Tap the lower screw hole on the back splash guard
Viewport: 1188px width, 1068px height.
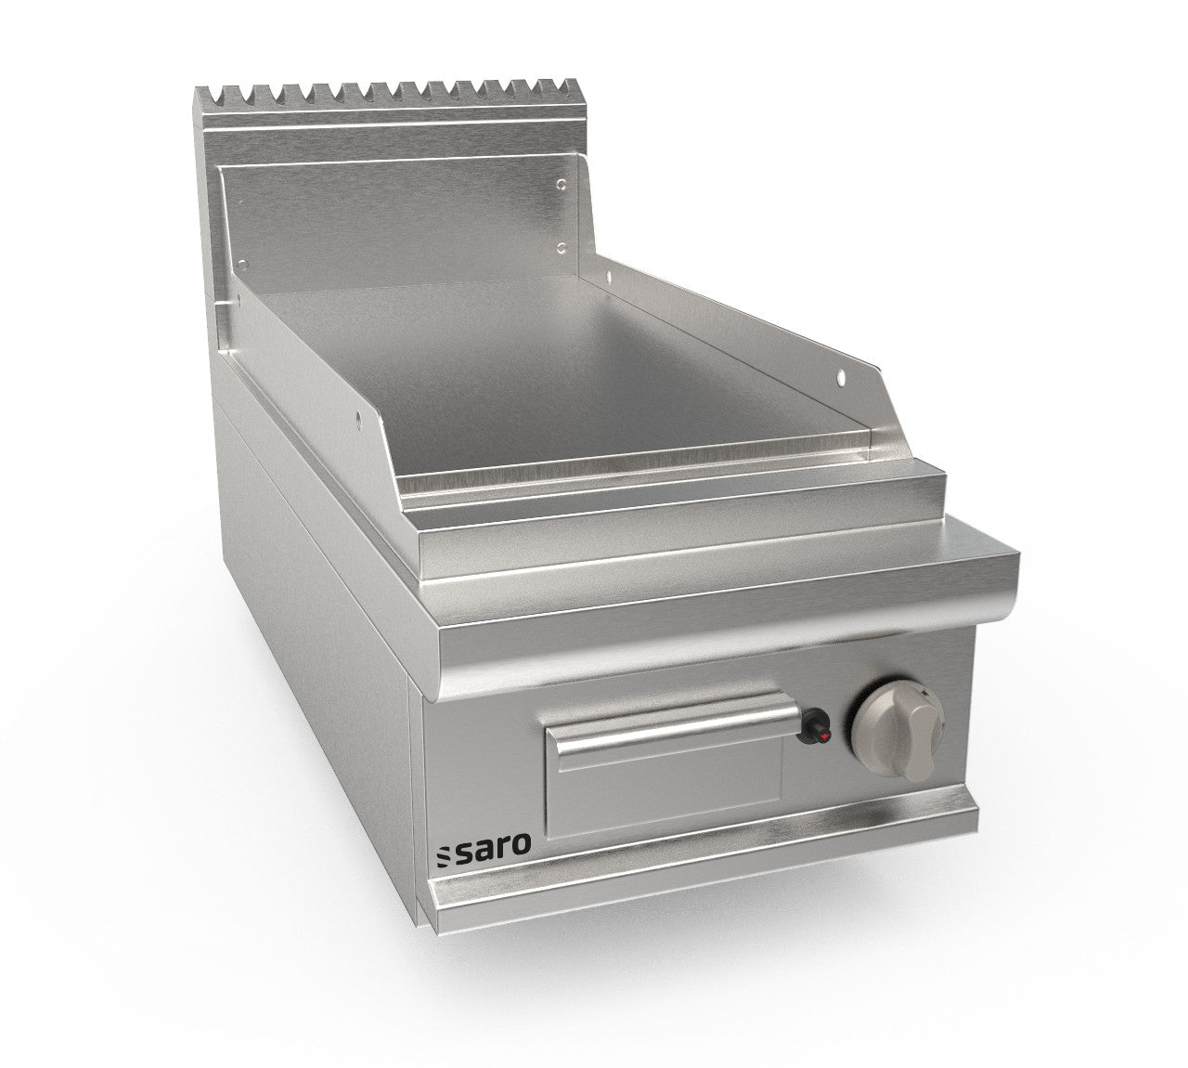click(562, 248)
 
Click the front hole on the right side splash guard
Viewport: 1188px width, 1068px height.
click(842, 376)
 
